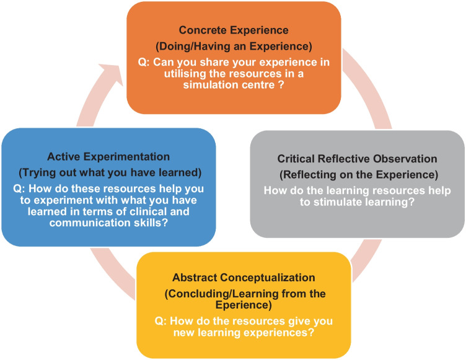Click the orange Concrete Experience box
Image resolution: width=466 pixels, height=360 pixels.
pos(234,58)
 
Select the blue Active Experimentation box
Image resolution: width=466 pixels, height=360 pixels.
pos(109,187)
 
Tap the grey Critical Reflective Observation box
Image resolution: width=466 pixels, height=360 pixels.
pos(357,184)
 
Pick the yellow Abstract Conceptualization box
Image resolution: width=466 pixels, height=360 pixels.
pos(244,305)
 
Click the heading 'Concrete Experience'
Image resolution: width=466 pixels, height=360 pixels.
pos(234,30)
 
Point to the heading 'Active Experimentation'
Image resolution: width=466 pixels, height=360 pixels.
pos(108,157)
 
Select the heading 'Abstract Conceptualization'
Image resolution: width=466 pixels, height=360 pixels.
pos(244,278)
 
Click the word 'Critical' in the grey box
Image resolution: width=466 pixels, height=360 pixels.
pos(296,159)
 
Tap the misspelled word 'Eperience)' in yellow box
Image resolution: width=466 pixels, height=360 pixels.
pos(244,305)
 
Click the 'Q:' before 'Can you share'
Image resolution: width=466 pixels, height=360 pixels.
pos(144,63)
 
